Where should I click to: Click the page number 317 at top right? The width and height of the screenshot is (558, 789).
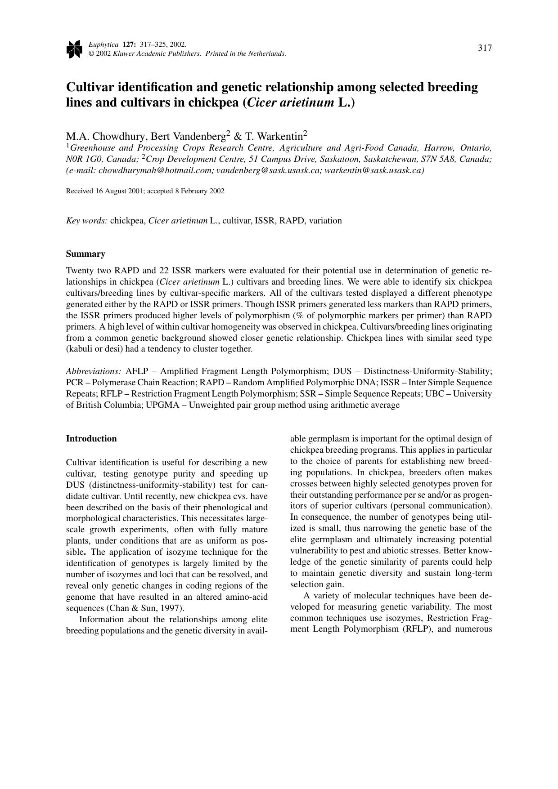point(485,48)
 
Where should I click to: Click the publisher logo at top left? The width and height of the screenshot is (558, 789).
point(74,49)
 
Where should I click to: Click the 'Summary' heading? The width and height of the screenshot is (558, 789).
point(85,254)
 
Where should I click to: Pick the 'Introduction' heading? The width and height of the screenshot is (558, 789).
point(91,439)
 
